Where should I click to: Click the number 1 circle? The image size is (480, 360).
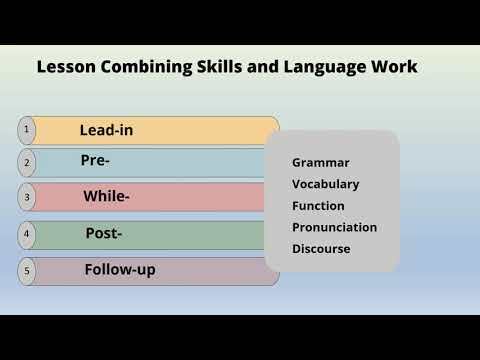(x=27, y=130)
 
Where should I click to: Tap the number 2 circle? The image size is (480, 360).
(x=27, y=163)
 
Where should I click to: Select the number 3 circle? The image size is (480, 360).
(x=27, y=198)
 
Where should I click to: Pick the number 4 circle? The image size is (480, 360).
(x=27, y=235)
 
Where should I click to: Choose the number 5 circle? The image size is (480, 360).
(x=27, y=270)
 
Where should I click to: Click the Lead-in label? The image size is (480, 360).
(x=106, y=130)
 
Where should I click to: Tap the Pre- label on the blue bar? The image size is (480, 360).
(x=95, y=160)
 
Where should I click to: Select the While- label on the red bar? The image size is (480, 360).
(x=106, y=197)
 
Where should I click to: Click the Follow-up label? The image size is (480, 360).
(x=120, y=270)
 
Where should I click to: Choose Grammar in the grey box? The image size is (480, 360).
(x=321, y=162)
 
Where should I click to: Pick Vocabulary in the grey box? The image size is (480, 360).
(x=326, y=184)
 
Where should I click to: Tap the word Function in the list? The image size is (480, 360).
(x=318, y=206)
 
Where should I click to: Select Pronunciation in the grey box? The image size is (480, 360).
(x=334, y=227)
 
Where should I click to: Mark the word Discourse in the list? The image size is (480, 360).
(x=321, y=249)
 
